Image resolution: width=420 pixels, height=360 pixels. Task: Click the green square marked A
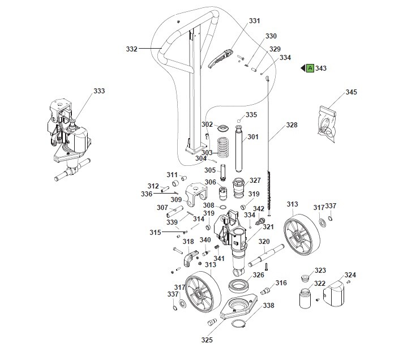(310, 68)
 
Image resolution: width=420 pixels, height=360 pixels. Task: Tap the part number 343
(321, 68)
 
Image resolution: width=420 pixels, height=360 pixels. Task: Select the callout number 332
(131, 49)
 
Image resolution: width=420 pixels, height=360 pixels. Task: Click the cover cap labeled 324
(337, 293)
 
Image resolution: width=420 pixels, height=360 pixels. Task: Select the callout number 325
(207, 340)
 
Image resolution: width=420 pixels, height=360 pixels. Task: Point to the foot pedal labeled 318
(190, 258)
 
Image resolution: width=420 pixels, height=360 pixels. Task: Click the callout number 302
(207, 124)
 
